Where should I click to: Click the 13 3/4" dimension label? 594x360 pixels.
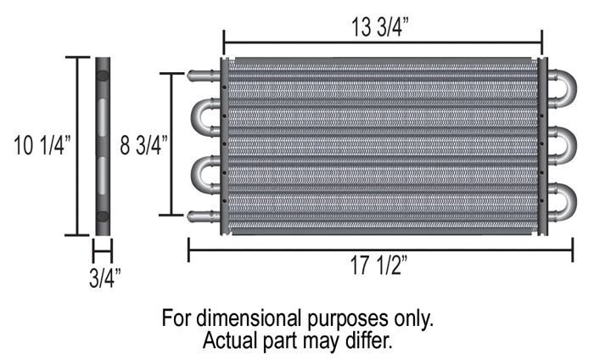pos(380,27)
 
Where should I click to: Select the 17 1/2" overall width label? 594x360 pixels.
pos(378,265)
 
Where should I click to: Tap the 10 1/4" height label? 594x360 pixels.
pos(42,145)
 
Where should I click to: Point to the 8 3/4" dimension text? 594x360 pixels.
pos(143,145)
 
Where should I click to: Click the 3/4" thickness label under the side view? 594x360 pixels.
pos(105,278)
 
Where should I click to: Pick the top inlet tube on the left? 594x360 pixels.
pos(204,76)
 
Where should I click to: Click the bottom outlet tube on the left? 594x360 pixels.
pos(204,217)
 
